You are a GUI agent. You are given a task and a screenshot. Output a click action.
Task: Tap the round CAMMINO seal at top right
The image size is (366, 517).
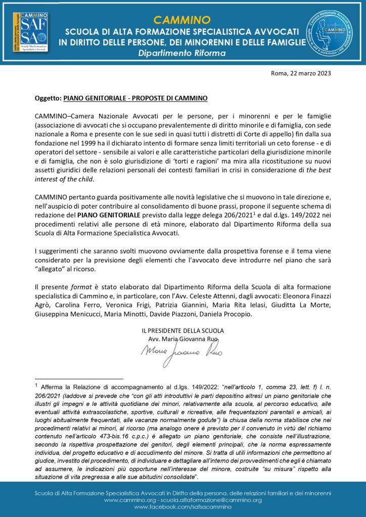(x=335, y=35)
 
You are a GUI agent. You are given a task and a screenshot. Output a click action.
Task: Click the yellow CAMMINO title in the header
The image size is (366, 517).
(x=182, y=20)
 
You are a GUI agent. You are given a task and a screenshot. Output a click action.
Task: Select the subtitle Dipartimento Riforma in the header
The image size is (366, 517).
(x=182, y=53)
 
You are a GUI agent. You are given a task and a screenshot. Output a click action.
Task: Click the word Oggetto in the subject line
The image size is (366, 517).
(x=48, y=97)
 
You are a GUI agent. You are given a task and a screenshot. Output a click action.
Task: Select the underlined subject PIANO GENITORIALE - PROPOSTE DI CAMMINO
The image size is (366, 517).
(x=136, y=97)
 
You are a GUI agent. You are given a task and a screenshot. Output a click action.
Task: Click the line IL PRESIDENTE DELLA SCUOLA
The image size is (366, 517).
(x=182, y=330)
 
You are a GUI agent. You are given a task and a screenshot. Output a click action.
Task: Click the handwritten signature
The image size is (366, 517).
(x=181, y=352)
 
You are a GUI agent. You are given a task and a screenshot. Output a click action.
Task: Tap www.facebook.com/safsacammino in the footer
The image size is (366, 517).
(x=182, y=506)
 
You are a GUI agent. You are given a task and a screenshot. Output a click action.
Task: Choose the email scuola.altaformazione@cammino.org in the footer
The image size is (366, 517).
(x=212, y=500)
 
